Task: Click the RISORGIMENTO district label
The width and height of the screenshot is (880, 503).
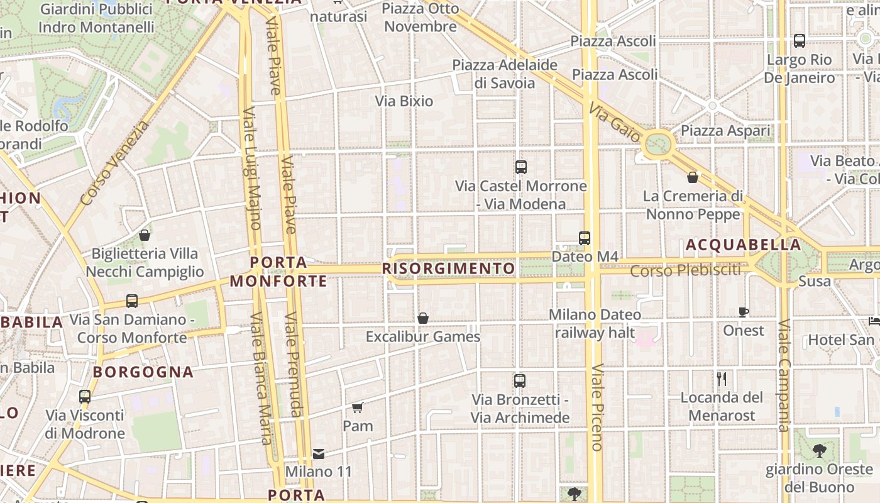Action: [449, 269]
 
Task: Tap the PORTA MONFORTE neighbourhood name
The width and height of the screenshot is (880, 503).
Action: [278, 272]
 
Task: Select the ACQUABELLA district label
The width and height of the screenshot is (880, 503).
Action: [744, 245]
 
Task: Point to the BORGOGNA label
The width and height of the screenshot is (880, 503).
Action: [143, 372]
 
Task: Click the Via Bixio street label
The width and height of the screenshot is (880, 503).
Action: [404, 101]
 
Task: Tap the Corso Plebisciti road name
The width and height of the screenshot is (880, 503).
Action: [686, 271]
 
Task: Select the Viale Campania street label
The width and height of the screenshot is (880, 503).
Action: [784, 376]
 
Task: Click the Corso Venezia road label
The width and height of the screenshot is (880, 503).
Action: [115, 163]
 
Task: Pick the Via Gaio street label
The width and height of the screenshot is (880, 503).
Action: [615, 123]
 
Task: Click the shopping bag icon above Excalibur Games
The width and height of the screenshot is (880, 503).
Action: [423, 318]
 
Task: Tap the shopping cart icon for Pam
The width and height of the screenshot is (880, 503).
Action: [358, 407]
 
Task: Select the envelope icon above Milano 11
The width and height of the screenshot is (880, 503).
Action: [319, 453]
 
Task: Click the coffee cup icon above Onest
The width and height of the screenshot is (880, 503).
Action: [744, 312]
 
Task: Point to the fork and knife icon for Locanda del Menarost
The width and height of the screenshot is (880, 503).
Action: [722, 379]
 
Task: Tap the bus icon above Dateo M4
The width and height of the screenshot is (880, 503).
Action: [585, 238]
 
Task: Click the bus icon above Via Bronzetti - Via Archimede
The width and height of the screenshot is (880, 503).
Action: [520, 381]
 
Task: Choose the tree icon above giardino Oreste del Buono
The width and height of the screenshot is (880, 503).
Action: [819, 450]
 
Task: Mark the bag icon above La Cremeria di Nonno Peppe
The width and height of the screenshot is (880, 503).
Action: [693, 178]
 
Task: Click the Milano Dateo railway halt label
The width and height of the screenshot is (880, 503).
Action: [595, 323]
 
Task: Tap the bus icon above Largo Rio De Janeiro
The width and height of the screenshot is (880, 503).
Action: [800, 41]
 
